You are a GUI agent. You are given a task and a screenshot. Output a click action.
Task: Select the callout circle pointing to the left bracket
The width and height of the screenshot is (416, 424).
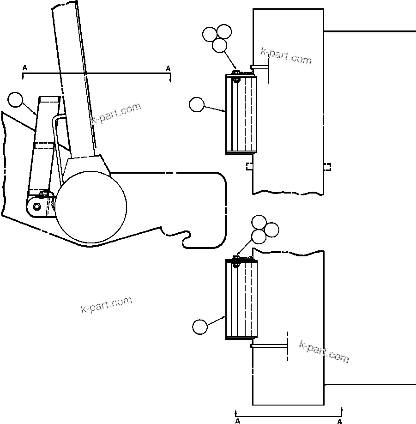[15, 100]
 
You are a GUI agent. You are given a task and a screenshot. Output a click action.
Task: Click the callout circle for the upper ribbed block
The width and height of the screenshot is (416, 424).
[197, 105]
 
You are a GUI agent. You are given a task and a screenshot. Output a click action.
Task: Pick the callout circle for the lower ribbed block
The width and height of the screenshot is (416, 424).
[200, 327]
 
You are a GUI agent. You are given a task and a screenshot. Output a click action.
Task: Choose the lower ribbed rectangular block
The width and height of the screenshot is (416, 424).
[241, 299]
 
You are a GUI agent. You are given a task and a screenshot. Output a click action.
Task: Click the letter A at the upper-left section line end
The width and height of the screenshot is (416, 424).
[24, 68]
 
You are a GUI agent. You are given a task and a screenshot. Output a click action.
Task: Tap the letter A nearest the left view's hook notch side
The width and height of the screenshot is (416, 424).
[168, 68]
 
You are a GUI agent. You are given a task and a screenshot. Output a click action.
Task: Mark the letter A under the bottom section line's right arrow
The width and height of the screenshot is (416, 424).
[339, 421]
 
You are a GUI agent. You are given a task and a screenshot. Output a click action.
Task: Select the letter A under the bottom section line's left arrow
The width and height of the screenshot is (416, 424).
[237, 421]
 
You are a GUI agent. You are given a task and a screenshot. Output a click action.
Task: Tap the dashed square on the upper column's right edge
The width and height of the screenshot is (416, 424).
[327, 167]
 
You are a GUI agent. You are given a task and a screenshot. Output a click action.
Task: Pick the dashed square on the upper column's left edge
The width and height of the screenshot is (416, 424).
[249, 166]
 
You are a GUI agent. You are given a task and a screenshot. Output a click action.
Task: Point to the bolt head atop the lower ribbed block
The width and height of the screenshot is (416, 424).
[235, 259]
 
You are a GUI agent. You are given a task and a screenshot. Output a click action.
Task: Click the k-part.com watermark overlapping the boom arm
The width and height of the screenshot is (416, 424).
[115, 114]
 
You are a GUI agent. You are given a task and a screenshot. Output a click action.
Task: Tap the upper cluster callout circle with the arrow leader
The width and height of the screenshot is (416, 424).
[220, 45]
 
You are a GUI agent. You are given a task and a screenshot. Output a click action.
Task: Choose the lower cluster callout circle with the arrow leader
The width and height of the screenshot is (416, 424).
[259, 237]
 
